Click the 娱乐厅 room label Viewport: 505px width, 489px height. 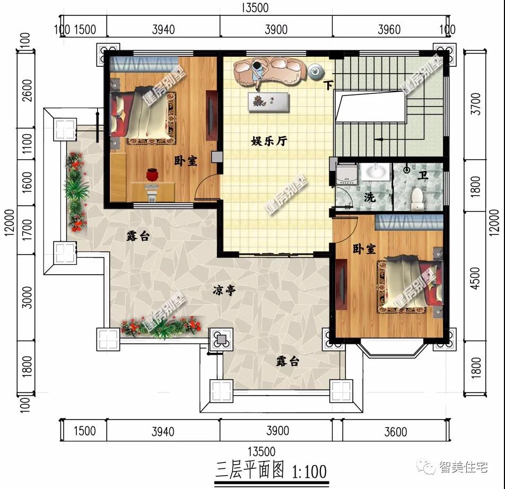point(268,142)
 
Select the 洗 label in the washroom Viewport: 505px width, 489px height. point(369,198)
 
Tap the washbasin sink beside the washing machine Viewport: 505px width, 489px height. point(377,172)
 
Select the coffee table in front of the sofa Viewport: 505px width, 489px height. point(268,101)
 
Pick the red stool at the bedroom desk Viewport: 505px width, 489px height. point(152,174)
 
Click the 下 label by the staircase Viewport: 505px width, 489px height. point(329,85)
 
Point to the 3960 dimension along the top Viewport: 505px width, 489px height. point(389,29)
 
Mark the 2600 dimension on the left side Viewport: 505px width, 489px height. point(27,92)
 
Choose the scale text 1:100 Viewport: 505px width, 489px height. point(309,470)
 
